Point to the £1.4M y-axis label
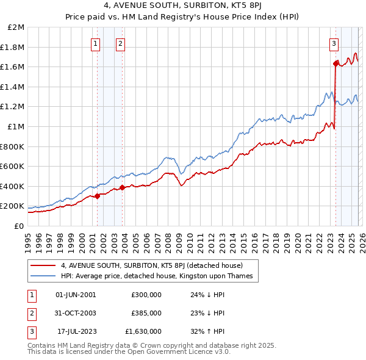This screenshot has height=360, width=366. click(x=13, y=87)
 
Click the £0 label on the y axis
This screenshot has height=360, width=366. click(x=20, y=226)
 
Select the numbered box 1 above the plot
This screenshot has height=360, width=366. click(x=96, y=43)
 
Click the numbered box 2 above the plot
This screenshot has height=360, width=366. click(x=121, y=43)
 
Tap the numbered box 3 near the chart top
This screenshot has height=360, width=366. click(x=334, y=43)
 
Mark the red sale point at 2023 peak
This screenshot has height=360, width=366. click(x=335, y=63)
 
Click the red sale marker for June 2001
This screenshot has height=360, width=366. click(x=97, y=196)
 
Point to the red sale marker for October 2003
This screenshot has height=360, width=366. click(x=123, y=187)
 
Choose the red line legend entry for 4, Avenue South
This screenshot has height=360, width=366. click(x=152, y=265)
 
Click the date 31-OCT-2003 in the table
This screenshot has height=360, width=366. click(x=76, y=313)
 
